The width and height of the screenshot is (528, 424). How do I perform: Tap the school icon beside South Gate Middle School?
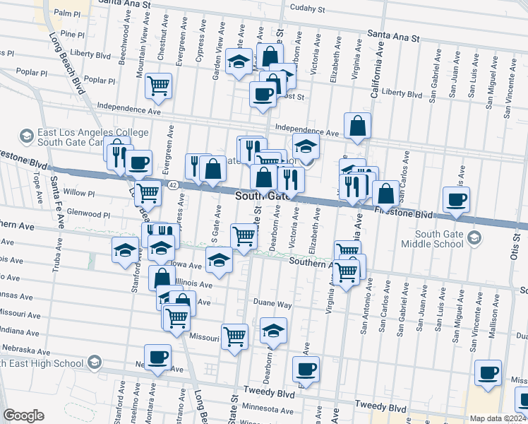pos(474,238)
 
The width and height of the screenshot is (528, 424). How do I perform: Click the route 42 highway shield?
pos(172,184)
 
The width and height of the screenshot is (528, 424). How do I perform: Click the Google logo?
pos(23,416)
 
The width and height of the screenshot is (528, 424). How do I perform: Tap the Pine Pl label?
pos(72,33)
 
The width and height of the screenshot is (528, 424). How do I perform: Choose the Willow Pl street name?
pos(78,193)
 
